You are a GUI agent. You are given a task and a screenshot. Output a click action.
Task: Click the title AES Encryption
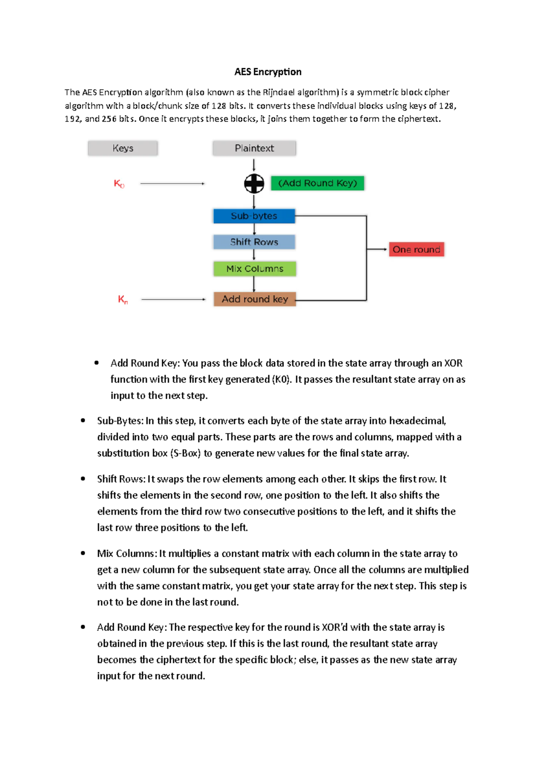coord(268,72)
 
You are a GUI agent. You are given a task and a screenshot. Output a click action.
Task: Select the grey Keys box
coord(123,148)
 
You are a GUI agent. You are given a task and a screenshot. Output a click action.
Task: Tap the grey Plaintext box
coord(254,148)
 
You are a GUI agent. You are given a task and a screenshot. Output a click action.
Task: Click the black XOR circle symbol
coord(254,183)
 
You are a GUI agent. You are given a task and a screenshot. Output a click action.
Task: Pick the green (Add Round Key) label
coord(317,183)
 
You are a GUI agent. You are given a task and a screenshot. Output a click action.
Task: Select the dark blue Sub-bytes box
coord(254,216)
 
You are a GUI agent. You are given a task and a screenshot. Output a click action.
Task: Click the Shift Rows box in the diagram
coord(254,242)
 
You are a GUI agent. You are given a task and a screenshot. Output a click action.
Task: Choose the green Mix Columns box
coord(255,268)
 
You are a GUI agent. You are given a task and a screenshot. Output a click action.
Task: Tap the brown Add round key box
coord(255,299)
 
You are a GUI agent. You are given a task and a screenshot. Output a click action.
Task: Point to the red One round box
coord(416,249)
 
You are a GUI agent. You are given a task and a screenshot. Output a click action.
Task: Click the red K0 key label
coord(119,184)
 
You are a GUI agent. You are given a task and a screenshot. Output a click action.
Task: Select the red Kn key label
coord(123,300)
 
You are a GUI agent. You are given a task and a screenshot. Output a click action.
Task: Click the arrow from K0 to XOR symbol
coord(172,183)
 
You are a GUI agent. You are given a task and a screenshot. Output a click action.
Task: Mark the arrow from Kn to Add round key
coord(173,300)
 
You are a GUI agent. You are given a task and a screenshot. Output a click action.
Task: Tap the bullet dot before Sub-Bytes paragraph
coord(83,420)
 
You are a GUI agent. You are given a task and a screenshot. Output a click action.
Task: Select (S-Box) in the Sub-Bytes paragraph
coord(185,453)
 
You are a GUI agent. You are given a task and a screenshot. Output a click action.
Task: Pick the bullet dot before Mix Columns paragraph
coord(83,553)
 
